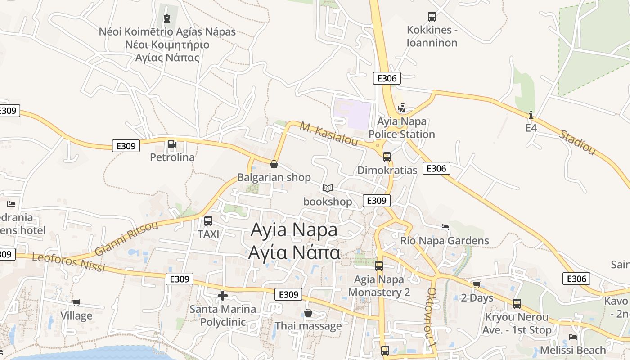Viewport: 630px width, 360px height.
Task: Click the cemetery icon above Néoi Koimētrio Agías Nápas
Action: [167, 18]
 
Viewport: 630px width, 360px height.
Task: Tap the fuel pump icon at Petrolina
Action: [172, 144]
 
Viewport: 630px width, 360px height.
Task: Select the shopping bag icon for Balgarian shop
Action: [274, 164]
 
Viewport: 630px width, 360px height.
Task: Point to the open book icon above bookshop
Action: [328, 188]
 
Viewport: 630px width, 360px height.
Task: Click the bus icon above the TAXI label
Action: [208, 221]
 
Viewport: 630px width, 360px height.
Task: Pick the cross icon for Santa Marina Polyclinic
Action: [222, 296]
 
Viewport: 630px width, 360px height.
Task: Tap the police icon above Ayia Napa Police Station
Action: [402, 108]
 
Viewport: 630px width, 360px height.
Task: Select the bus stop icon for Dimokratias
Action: [387, 157]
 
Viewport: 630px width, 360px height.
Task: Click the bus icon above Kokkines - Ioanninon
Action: [432, 17]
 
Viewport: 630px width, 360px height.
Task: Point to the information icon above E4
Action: [531, 115]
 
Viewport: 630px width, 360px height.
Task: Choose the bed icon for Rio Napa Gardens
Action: [445, 227]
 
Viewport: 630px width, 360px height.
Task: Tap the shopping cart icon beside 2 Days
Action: [477, 284]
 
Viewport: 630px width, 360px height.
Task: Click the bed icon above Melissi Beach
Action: [573, 337]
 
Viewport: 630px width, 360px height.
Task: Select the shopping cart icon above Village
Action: [76, 302]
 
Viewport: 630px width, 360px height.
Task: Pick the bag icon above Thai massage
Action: [308, 312]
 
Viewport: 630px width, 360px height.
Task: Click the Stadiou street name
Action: [577, 143]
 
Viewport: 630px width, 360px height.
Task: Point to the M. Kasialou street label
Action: [329, 134]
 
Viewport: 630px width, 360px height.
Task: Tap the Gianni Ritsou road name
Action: [126, 238]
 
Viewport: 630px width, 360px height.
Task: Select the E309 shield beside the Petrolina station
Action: [126, 146]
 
